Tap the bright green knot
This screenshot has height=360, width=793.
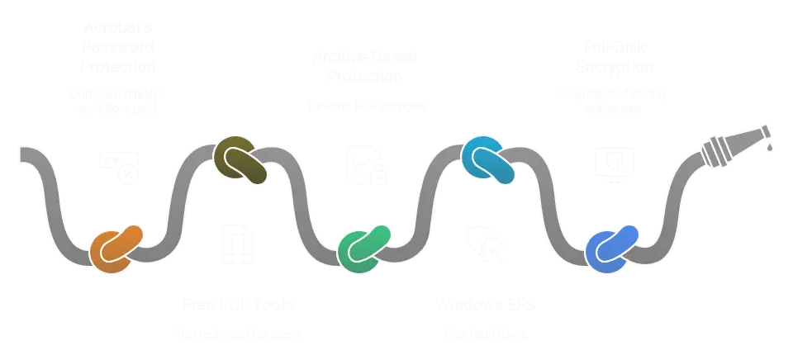point(363,248)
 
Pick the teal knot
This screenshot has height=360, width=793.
point(487,159)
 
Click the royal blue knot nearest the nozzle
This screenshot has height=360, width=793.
point(611,248)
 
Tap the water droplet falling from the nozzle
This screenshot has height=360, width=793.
point(771,148)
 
